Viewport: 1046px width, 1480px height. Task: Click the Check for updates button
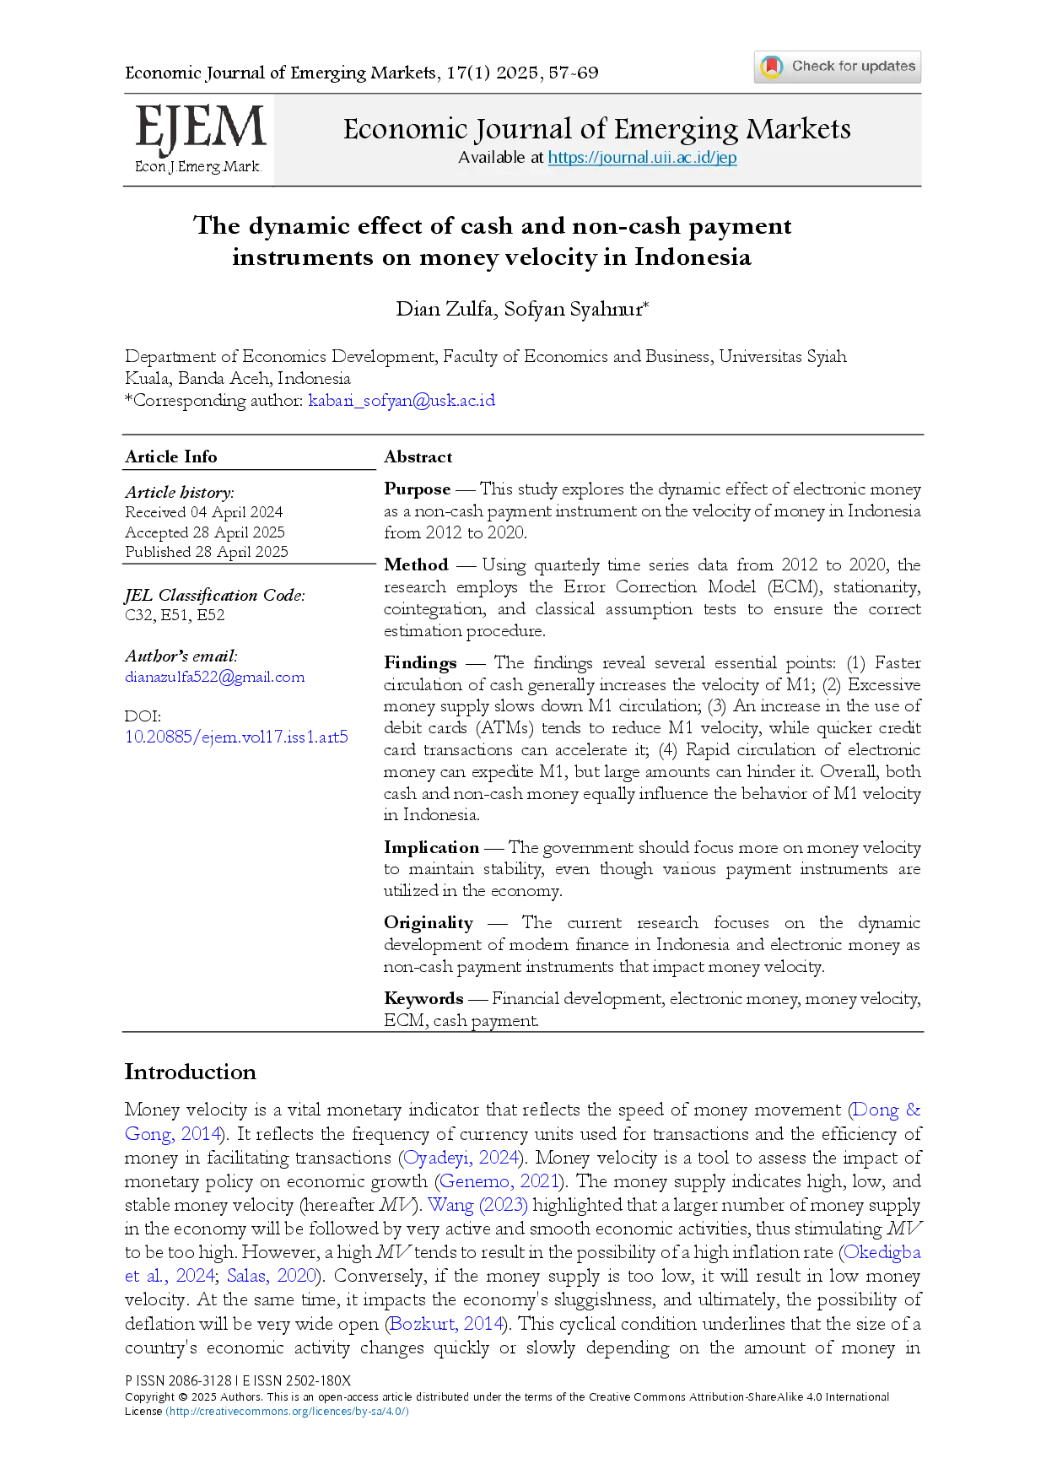[837, 67]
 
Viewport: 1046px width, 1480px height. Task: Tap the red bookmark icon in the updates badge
[772, 66]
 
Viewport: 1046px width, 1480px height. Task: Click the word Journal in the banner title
[524, 129]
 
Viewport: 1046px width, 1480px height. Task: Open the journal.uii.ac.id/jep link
[642, 158]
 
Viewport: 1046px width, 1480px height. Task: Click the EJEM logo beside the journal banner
[202, 131]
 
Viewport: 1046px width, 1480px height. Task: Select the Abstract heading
[418, 457]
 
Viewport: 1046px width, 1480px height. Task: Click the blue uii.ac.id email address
[402, 400]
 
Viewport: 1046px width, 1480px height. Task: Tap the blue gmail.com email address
[214, 677]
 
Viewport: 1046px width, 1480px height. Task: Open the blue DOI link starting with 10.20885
[235, 736]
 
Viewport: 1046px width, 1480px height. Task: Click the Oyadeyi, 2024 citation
[461, 1157]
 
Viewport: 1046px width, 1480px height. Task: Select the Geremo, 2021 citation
[499, 1180]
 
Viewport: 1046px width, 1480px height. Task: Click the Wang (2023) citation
[478, 1205]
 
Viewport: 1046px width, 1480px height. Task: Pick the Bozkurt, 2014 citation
[446, 1323]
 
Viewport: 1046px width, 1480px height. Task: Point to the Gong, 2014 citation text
[173, 1133]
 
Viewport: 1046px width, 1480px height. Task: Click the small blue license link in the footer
[287, 1411]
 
